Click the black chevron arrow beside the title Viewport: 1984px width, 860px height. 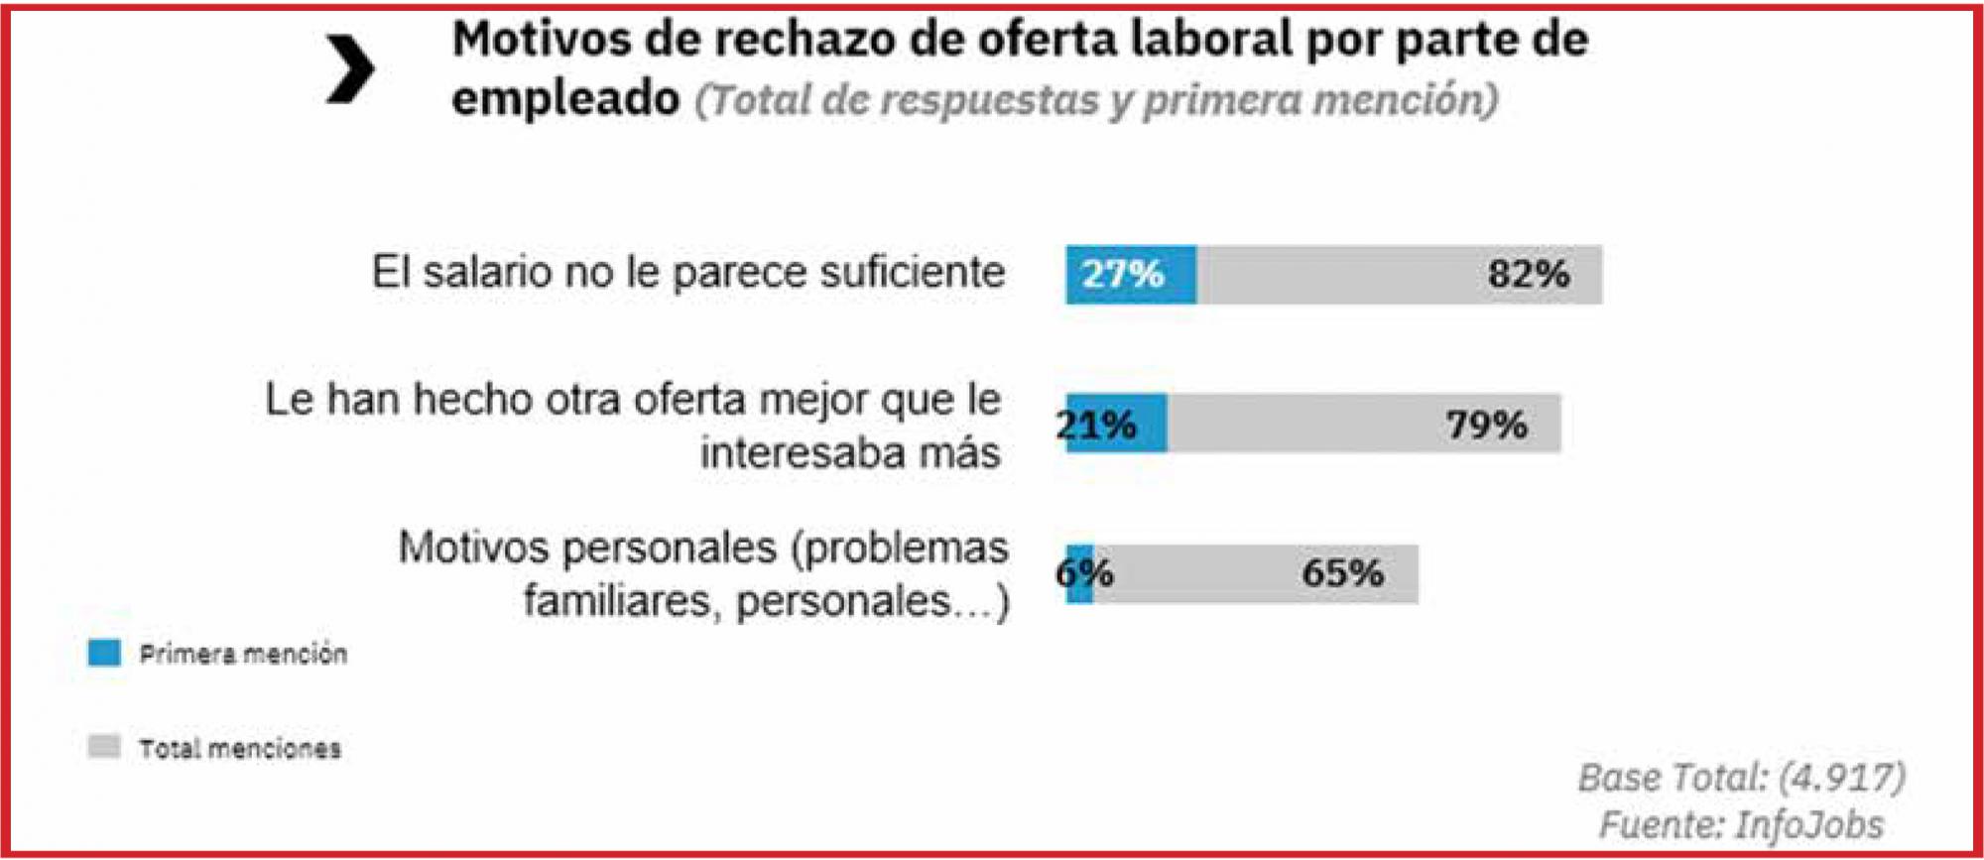(x=350, y=68)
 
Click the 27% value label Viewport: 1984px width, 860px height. (x=1122, y=274)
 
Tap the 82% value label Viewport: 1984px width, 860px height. (x=1528, y=274)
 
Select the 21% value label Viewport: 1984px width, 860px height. (x=1096, y=425)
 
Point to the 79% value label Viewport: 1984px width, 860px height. (x=1486, y=425)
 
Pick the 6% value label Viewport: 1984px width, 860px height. (x=1084, y=572)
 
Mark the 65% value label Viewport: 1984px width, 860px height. (x=1342, y=572)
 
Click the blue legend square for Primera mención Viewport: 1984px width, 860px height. (x=104, y=653)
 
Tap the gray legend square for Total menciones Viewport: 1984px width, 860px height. (x=104, y=747)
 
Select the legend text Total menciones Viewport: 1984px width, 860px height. (x=240, y=748)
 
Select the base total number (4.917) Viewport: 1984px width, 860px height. (x=1841, y=777)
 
